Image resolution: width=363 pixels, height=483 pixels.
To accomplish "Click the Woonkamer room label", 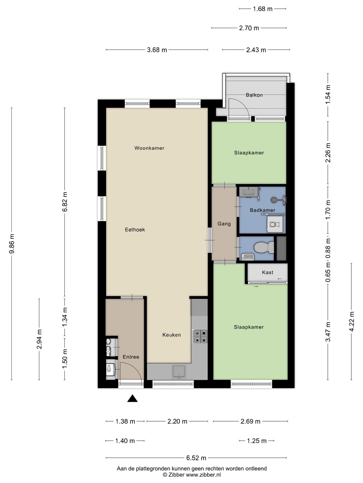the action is [149, 148].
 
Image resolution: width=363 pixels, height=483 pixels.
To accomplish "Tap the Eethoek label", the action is [135, 230].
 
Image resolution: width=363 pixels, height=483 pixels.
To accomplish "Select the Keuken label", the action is [171, 335].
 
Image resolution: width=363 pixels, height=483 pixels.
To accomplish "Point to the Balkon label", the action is [254, 95].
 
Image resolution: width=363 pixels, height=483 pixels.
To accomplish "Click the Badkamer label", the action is [263, 210].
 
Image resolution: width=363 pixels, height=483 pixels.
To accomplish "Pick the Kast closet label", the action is [268, 272].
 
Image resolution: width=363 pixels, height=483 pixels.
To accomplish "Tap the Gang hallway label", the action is [224, 224].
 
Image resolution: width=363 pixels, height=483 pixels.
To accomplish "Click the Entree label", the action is [131, 357].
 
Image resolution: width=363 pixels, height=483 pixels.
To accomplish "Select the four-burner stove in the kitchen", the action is [200, 337].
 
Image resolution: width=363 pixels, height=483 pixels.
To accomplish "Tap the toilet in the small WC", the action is [264, 248].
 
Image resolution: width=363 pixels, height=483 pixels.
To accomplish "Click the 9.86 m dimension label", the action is [12, 244].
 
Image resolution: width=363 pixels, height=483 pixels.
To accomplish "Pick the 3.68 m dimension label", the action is [157, 50].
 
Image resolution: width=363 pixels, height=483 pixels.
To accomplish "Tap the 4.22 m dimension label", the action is [352, 321].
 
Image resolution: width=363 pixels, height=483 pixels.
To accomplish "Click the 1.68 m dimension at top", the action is [263, 9].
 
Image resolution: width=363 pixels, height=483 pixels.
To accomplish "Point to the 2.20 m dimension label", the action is [177, 421].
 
